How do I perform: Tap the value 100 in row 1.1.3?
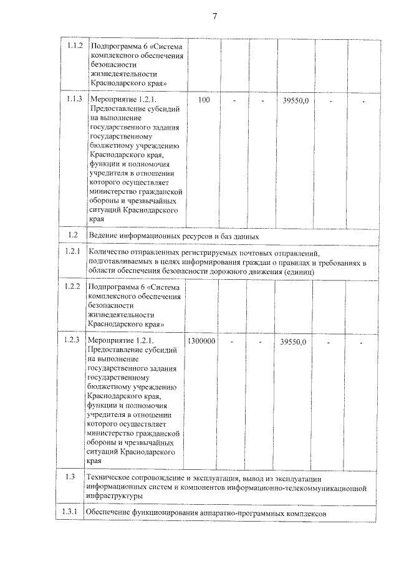click(x=203, y=100)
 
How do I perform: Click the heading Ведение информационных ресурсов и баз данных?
click(x=174, y=236)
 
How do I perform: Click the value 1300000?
click(x=203, y=342)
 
